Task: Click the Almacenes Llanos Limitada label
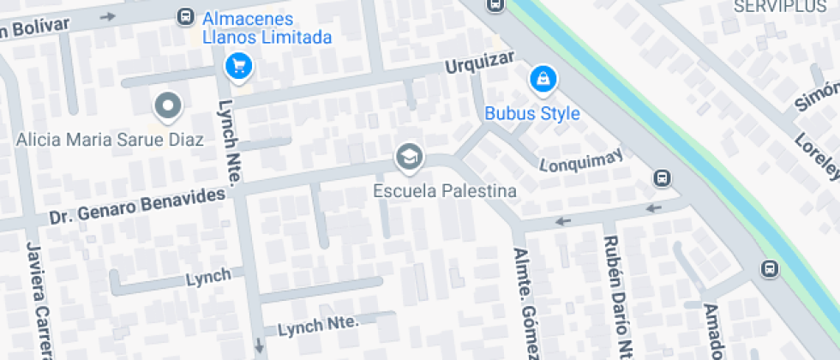coord(267,28)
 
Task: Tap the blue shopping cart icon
coord(237,64)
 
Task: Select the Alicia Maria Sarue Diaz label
coord(110,139)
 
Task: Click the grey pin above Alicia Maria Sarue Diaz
coord(168,107)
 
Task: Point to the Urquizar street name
coord(479,63)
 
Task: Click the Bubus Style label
coord(532,113)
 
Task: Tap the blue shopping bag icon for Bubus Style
coord(542,80)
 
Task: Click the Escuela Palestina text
coord(445,190)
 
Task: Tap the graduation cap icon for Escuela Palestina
coord(409,157)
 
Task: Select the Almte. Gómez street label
coord(525,304)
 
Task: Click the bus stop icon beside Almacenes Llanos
coord(184,15)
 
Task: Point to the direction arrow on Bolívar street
coord(107,15)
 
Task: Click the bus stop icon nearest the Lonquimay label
coord(662,178)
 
